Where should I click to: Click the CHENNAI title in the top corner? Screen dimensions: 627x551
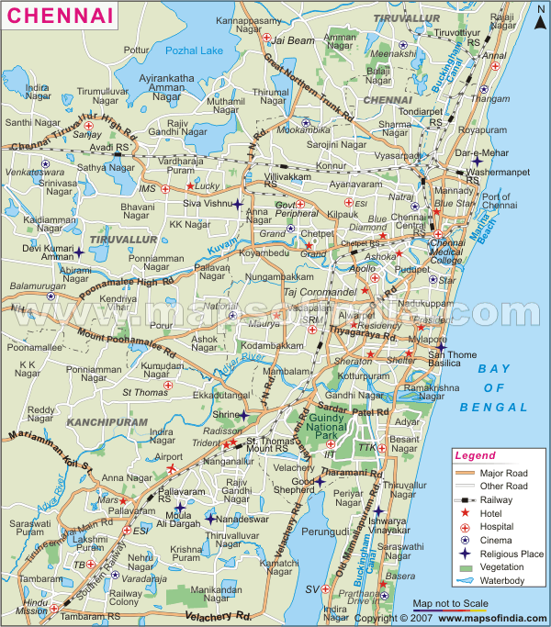click(57, 15)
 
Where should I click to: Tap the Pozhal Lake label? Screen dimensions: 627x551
click(194, 49)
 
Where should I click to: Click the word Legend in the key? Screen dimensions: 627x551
click(475, 455)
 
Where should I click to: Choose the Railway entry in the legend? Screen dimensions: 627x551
click(495, 500)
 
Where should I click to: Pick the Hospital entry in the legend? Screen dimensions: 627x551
click(496, 527)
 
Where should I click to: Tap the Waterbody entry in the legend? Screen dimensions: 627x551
click(500, 581)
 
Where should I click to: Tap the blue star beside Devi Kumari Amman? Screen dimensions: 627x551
click(79, 252)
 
